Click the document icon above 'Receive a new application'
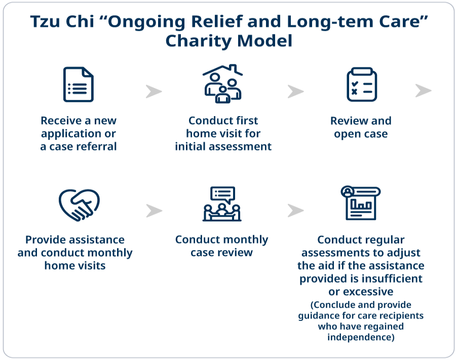[79, 84]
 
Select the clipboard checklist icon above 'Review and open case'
[361, 84]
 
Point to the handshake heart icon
[79, 205]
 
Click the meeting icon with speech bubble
[222, 204]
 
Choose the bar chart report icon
[361, 203]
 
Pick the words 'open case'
[361, 134]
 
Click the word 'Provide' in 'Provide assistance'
[47, 239]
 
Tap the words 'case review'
[222, 252]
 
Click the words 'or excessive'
[361, 292]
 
